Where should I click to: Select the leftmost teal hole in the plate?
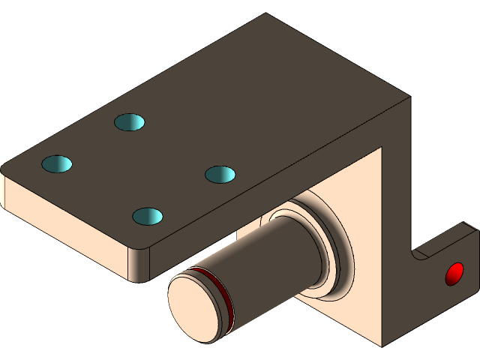pos(57,163)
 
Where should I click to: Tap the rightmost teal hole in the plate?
pos(220,174)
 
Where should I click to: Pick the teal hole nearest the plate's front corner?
pos(148,216)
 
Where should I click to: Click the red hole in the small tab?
pos(454,274)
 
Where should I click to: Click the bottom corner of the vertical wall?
pos(381,346)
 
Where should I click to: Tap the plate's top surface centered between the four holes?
pos(139,168)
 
